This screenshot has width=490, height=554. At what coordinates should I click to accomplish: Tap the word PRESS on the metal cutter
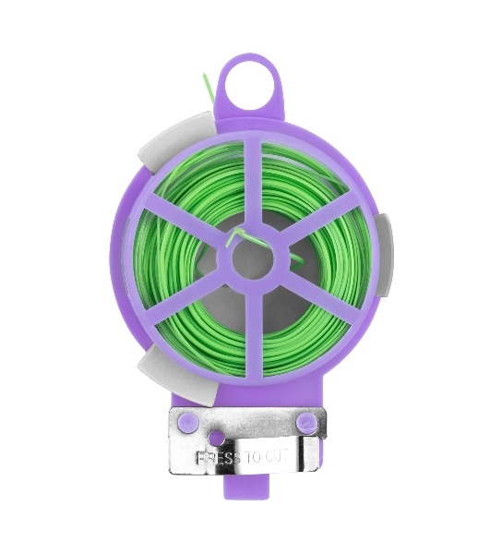(218, 458)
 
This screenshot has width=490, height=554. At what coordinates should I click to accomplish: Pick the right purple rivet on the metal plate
(305, 420)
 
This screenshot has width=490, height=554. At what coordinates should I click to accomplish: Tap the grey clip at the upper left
(176, 141)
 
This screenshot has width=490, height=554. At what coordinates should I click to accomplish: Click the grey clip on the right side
(384, 255)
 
